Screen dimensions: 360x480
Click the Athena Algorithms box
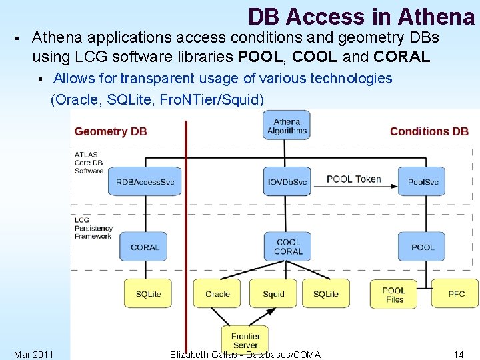pos(287,125)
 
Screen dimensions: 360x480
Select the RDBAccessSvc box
pos(145,181)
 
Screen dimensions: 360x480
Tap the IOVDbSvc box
pos(287,181)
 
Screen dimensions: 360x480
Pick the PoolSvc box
pos(422,181)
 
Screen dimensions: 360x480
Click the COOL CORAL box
pos(287,247)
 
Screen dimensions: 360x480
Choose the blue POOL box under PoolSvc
pos(422,247)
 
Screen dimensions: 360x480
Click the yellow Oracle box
pos(217,293)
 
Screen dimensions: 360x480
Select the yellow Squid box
pos(273,293)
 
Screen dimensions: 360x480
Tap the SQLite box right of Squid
pos(325,293)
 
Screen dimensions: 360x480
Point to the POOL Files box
pos(394,294)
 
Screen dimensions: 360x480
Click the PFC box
pos(456,293)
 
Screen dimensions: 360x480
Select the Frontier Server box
pos(245,340)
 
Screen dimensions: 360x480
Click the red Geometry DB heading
pos(111,131)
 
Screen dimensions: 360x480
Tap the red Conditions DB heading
pos(429,131)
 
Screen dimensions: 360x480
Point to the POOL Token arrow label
pos(353,179)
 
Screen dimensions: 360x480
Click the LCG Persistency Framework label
pos(93,228)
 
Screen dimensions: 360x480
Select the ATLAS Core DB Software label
pos(89,163)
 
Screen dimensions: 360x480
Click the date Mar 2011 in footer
pos(33,354)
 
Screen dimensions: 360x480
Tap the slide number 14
pos(458,354)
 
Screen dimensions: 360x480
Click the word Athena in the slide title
pos(436,16)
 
